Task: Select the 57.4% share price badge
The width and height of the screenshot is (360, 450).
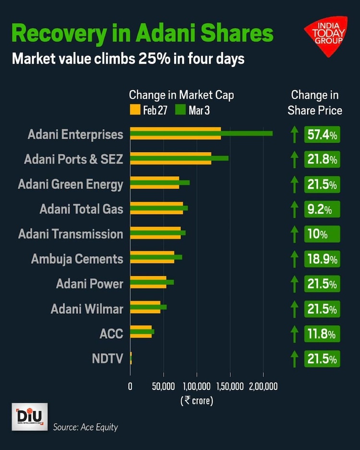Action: (x=322, y=135)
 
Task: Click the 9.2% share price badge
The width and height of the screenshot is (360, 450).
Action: (x=322, y=209)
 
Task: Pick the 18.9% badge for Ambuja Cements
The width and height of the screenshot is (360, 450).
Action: (x=322, y=259)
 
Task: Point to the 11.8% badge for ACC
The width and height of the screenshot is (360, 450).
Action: (x=322, y=333)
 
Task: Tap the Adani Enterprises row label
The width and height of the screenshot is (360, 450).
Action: (x=75, y=135)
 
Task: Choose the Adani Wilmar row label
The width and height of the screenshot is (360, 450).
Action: (x=87, y=309)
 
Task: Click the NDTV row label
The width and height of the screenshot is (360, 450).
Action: (x=108, y=358)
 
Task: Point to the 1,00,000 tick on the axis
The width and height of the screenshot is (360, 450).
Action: (x=196, y=386)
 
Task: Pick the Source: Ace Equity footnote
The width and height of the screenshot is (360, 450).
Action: (x=85, y=426)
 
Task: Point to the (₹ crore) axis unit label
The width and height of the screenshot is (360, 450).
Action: (x=197, y=400)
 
